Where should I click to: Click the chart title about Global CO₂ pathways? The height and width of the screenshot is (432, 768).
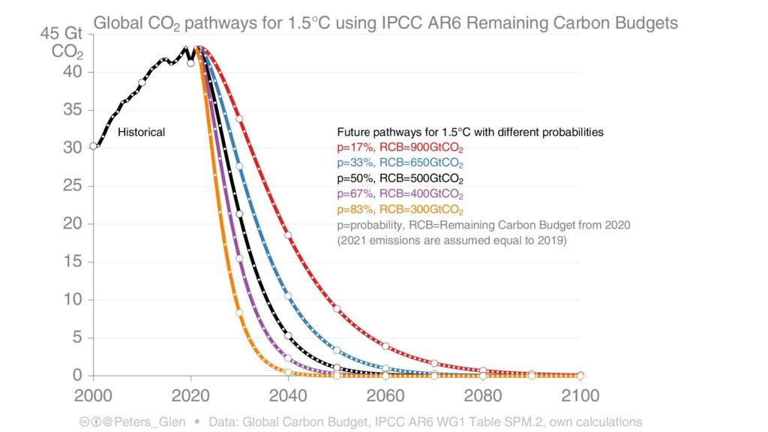(385, 23)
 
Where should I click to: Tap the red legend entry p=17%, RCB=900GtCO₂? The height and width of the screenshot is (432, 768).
(400, 148)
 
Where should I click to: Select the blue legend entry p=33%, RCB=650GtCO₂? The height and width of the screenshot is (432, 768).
(400, 163)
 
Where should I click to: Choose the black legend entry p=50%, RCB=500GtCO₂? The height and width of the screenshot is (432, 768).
(400, 178)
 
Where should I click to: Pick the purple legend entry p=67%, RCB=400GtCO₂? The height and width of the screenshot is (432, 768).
(400, 194)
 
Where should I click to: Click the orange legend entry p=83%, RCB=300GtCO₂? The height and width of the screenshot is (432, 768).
(400, 210)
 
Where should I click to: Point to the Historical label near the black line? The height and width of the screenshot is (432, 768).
(141, 132)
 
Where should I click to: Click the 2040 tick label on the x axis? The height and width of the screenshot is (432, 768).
(288, 396)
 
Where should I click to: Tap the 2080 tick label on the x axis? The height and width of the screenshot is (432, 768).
(483, 396)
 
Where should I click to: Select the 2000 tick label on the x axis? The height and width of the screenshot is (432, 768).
(93, 396)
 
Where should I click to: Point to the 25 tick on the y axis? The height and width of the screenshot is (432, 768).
(73, 186)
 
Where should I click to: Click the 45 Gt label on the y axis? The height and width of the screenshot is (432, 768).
(61, 34)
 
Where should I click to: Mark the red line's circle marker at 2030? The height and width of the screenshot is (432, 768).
(239, 119)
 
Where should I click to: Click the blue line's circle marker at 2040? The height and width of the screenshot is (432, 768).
(288, 296)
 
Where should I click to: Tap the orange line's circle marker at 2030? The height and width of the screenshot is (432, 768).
(239, 313)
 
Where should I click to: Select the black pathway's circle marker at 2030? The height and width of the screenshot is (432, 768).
(239, 214)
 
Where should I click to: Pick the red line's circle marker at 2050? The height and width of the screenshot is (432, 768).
(337, 309)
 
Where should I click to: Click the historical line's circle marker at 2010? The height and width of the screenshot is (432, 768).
(142, 82)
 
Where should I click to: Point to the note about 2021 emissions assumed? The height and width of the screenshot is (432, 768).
(451, 241)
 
